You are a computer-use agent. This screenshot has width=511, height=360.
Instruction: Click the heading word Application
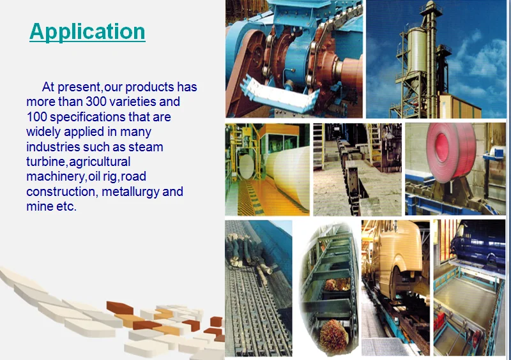[88, 33]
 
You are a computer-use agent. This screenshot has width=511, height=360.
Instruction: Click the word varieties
[135, 101]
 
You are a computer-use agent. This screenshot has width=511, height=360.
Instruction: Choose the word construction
[60, 191]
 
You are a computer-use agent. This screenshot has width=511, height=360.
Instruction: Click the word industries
[53, 147]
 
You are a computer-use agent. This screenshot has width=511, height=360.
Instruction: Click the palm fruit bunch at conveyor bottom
[333, 335]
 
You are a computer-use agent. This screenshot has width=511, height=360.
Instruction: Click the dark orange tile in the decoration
[119, 308]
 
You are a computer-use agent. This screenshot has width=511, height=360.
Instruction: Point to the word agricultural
[100, 162]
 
